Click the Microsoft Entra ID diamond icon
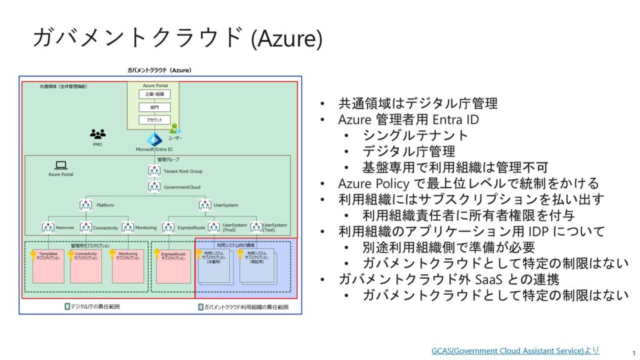tap(154, 139)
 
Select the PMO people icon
tap(97, 134)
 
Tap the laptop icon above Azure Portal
tap(61, 165)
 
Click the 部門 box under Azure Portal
tap(154, 106)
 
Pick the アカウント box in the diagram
tap(154, 119)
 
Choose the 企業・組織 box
tap(154, 94)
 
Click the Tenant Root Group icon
tap(154, 171)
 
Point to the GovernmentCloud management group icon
tap(154, 186)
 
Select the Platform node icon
tap(86, 204)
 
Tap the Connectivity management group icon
tap(86, 227)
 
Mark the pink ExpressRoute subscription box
tap(173, 266)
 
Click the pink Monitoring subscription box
tap(127, 266)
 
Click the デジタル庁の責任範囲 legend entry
tap(94, 307)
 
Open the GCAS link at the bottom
tap(515, 351)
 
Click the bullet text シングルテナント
tap(415, 135)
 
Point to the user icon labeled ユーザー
tap(175, 129)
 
